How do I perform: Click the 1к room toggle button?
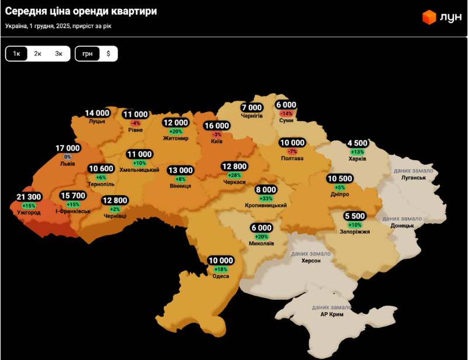[x=17, y=54]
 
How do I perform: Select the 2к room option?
[x=37, y=54]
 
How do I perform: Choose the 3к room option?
[x=58, y=54]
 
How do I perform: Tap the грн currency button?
[x=87, y=54]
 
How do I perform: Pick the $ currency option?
[x=108, y=54]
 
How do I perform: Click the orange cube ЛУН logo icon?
[x=429, y=18]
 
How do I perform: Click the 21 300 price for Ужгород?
[x=29, y=198]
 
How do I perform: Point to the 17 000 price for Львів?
[x=68, y=148]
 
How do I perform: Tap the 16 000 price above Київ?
[x=216, y=126]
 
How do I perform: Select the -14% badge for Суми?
[x=286, y=113]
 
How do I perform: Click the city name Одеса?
[x=221, y=276]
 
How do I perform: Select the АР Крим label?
[x=332, y=314]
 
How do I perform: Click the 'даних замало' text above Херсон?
[x=310, y=254]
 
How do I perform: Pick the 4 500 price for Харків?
[x=358, y=143]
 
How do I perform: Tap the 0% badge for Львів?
[x=68, y=157]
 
